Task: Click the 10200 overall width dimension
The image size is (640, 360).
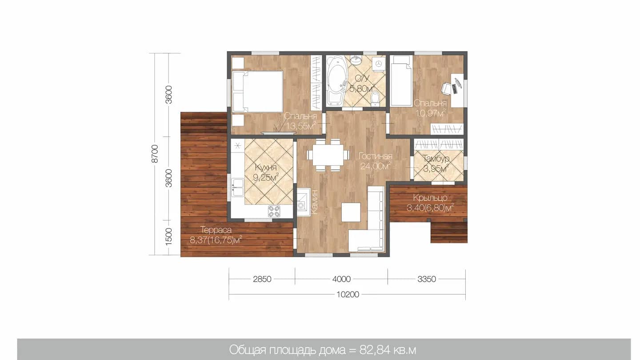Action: [348, 294]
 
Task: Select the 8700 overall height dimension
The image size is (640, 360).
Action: [155, 154]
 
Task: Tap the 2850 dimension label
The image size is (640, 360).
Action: [262, 279]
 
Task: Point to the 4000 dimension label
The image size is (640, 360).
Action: [341, 279]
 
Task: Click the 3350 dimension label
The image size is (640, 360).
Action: [427, 279]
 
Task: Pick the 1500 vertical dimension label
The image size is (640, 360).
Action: [169, 237]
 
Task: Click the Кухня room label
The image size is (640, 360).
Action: [266, 168]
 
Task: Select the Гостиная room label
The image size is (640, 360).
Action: [376, 156]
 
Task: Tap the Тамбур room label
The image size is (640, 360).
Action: [436, 158]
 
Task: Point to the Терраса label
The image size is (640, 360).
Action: [216, 230]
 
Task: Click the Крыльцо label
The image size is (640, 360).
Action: [430, 198]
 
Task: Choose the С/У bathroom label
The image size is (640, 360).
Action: [362, 78]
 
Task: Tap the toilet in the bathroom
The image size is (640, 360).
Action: [375, 99]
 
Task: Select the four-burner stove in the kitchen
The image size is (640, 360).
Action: [274, 212]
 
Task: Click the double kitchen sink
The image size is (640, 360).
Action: [237, 188]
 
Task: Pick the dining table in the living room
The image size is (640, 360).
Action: [328, 155]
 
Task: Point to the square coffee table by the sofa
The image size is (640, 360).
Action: [351, 212]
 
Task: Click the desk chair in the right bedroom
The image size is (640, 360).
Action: [448, 88]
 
